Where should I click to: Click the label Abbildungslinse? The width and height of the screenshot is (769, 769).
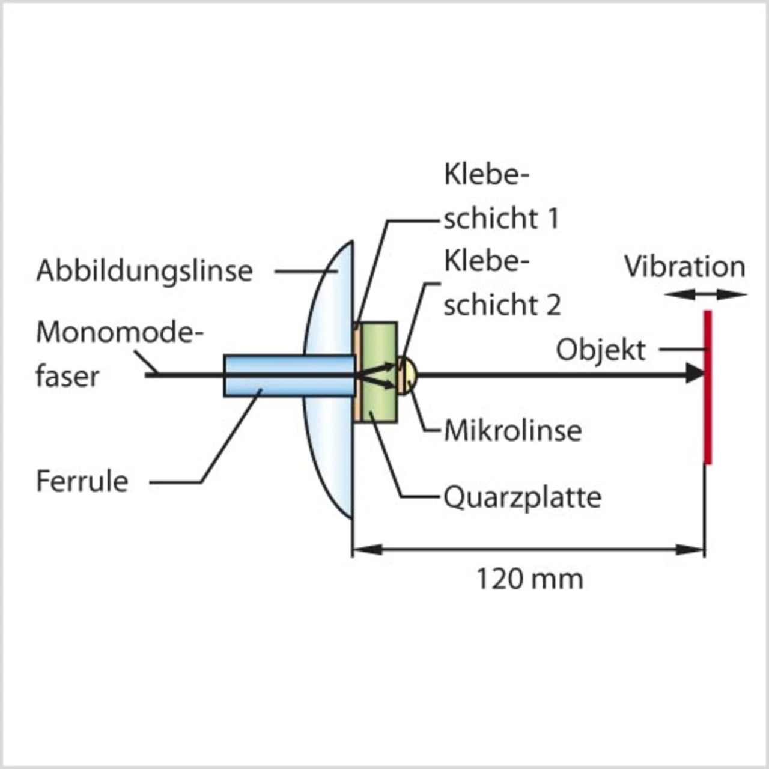coord(144,270)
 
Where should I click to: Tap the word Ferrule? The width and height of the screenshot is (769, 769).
coord(82,481)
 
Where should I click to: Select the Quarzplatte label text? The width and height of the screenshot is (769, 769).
coord(522,497)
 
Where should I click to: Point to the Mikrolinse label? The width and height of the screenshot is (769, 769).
coord(512,431)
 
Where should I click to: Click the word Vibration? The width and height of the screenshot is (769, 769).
coord(684,267)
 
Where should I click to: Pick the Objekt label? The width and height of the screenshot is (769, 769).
coord(600,350)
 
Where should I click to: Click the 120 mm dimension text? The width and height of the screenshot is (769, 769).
coord(529,579)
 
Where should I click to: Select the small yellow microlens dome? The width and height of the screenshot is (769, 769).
coord(408,375)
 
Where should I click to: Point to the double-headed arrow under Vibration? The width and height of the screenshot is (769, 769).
coord(706,294)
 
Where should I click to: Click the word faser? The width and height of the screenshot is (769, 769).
coord(67,377)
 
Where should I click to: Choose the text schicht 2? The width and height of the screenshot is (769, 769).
coord(502,305)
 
